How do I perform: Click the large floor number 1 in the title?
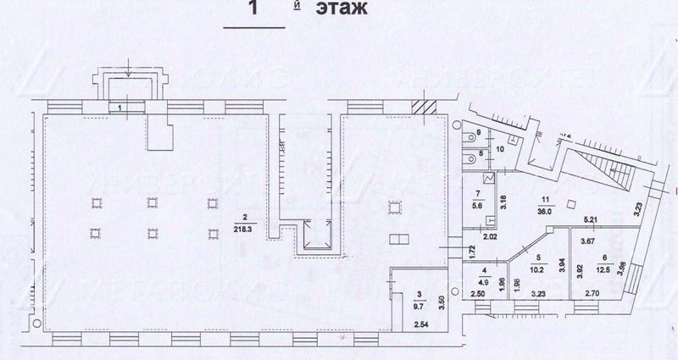252,10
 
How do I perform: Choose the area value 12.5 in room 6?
603,270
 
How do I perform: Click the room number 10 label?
500,150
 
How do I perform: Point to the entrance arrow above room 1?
125,65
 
